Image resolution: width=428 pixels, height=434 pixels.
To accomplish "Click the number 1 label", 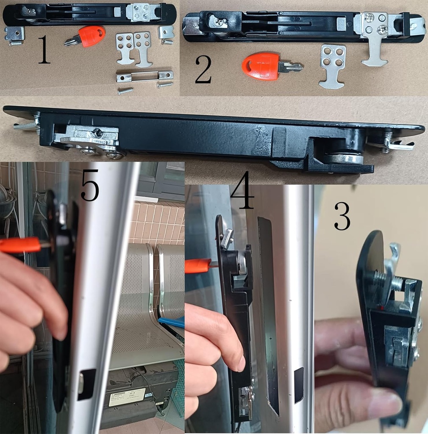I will (x=44, y=50).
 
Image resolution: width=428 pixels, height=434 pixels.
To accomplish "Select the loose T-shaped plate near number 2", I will (x=332, y=66).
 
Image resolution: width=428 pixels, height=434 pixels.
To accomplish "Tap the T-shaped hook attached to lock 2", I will (x=375, y=50).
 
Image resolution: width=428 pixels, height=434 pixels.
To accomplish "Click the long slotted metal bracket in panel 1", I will (x=145, y=76).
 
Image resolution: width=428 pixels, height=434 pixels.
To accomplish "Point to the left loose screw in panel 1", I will (x=125, y=90).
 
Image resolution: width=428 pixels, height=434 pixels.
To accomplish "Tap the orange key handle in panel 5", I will (x=19, y=245).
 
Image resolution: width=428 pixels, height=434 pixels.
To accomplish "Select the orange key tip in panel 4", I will (x=199, y=266).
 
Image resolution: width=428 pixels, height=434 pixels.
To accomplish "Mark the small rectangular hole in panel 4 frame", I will (x=299, y=385).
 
